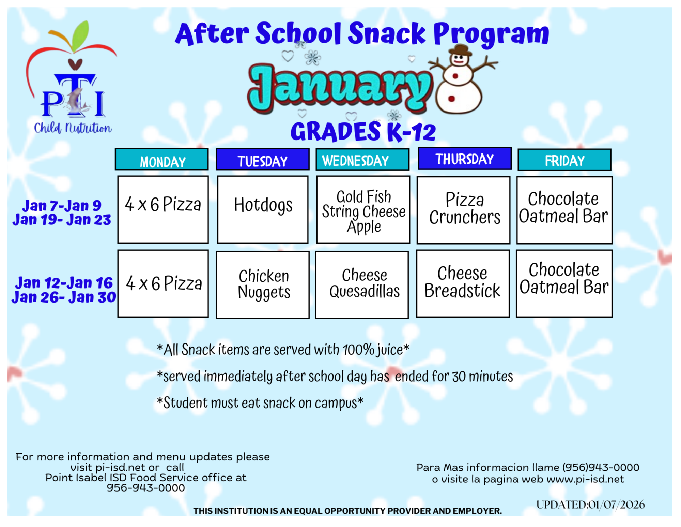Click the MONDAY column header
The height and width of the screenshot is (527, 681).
(x=162, y=160)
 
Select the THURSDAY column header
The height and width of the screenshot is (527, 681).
(x=464, y=159)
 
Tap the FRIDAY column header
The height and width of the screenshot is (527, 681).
(x=564, y=160)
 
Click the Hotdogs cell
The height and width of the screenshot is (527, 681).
(x=263, y=209)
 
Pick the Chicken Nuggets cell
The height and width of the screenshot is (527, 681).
(x=263, y=285)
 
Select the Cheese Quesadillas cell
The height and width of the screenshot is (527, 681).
(x=362, y=285)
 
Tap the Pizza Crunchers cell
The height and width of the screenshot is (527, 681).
(x=463, y=209)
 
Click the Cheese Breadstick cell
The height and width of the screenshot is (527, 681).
(x=463, y=283)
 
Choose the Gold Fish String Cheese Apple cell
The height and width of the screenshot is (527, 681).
(x=363, y=209)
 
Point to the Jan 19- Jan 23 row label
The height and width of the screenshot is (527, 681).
(x=62, y=220)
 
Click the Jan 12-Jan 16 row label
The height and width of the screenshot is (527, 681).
(x=64, y=283)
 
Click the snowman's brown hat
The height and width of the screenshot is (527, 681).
(x=460, y=50)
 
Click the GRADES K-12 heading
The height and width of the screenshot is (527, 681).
(x=363, y=132)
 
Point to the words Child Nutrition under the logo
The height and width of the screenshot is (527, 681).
(x=73, y=128)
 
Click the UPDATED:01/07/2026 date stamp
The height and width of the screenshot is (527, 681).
(x=590, y=504)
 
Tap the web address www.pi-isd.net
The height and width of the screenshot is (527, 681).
(x=585, y=479)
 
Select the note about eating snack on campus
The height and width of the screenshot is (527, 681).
(x=260, y=403)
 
